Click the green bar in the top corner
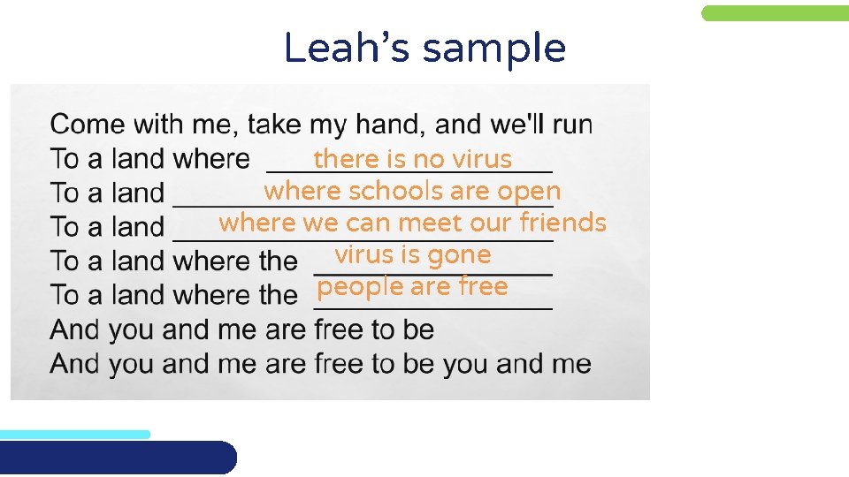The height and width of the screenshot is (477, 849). [775, 13]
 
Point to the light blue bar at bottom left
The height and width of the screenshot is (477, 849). [75, 434]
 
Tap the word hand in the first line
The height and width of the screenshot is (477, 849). [382, 125]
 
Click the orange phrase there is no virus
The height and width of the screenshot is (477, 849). [412, 159]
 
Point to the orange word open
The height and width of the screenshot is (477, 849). [529, 191]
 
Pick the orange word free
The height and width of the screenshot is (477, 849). [483, 287]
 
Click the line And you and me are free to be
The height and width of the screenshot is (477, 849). [242, 329]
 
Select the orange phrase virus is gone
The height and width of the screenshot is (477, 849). [412, 255]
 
